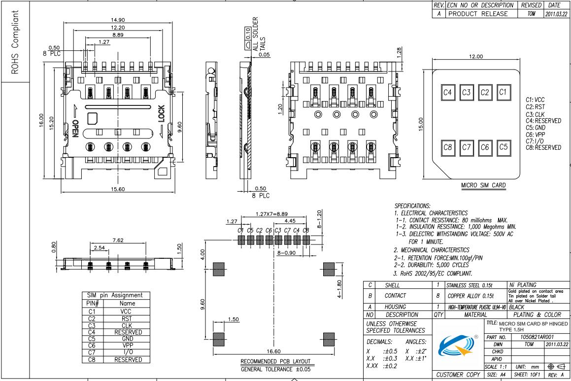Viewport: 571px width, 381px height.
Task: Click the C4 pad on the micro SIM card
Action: [448, 92]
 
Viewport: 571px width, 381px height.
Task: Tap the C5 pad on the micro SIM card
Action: [503, 147]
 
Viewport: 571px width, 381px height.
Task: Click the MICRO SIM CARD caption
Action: [483, 185]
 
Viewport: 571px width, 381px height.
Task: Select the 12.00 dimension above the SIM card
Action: [475, 57]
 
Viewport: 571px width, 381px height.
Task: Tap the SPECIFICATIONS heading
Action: [412, 205]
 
